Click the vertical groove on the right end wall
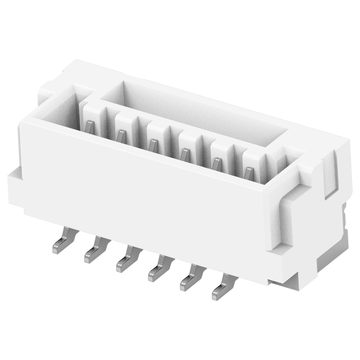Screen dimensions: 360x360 coord(330,173)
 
